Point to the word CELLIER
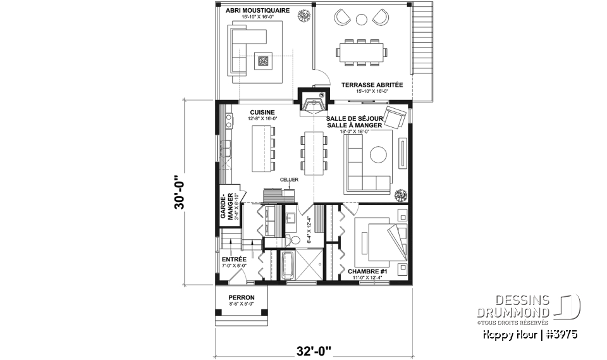coord(290,180)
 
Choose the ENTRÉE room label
coord(234,259)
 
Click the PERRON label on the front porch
coord(241,297)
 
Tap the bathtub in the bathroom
coord(287,265)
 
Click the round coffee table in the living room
coord(379,155)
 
